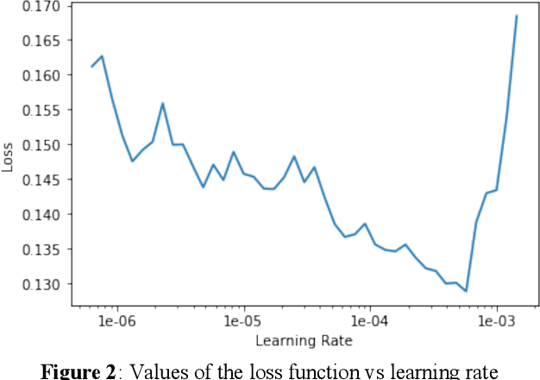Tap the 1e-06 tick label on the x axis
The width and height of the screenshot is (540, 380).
point(117,321)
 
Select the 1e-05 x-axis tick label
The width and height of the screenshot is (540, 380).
point(244,321)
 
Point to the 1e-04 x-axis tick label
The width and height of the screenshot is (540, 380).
point(370,321)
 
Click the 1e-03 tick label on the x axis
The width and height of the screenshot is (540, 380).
point(496,321)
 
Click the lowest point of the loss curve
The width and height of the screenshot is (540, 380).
point(466,291)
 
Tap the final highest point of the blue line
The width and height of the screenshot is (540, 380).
point(517,16)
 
